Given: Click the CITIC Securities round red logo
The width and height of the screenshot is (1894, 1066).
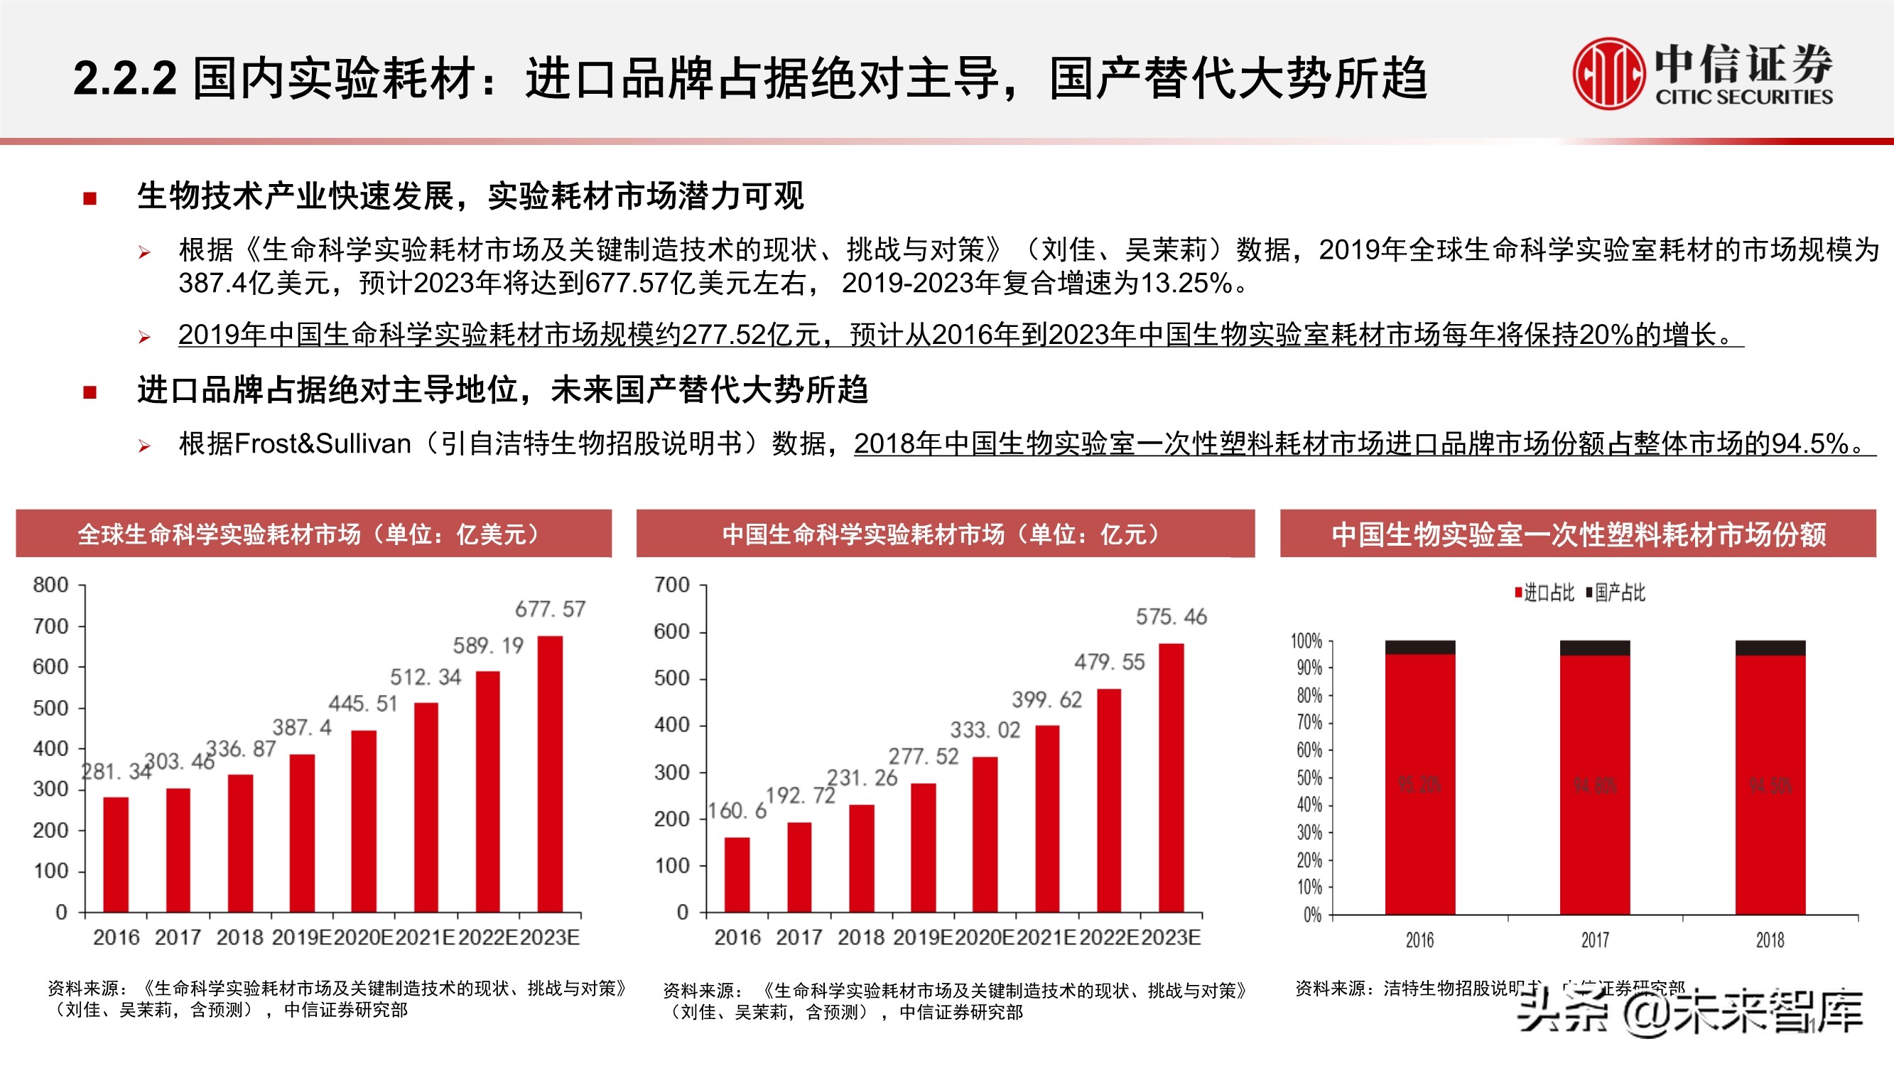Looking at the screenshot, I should pos(1608,74).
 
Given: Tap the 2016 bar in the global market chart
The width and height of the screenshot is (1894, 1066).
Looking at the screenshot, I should pos(115,854).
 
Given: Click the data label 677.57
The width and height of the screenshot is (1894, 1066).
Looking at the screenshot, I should pos(550,609).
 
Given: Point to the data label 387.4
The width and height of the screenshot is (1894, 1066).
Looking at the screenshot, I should pos(301,728).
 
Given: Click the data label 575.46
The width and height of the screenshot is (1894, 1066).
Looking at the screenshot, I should pos(1171,616).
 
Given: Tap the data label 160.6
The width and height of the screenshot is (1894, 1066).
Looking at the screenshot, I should pos(737,811).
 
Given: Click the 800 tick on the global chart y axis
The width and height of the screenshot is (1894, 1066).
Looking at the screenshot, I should pos(50,585).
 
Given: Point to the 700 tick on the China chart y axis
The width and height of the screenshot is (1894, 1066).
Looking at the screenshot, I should pos(672,586).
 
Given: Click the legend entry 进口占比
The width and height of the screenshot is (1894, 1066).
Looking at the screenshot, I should pos(1544,593).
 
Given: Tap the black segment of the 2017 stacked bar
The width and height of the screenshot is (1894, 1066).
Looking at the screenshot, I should pos(1595,647).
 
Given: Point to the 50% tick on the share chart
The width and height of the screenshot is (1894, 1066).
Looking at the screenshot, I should pos(1309,777).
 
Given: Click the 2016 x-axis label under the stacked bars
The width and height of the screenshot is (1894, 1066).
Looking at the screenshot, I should pos(1419,940).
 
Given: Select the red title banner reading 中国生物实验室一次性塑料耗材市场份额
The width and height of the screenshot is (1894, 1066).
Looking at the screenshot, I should pos(1578,534).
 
